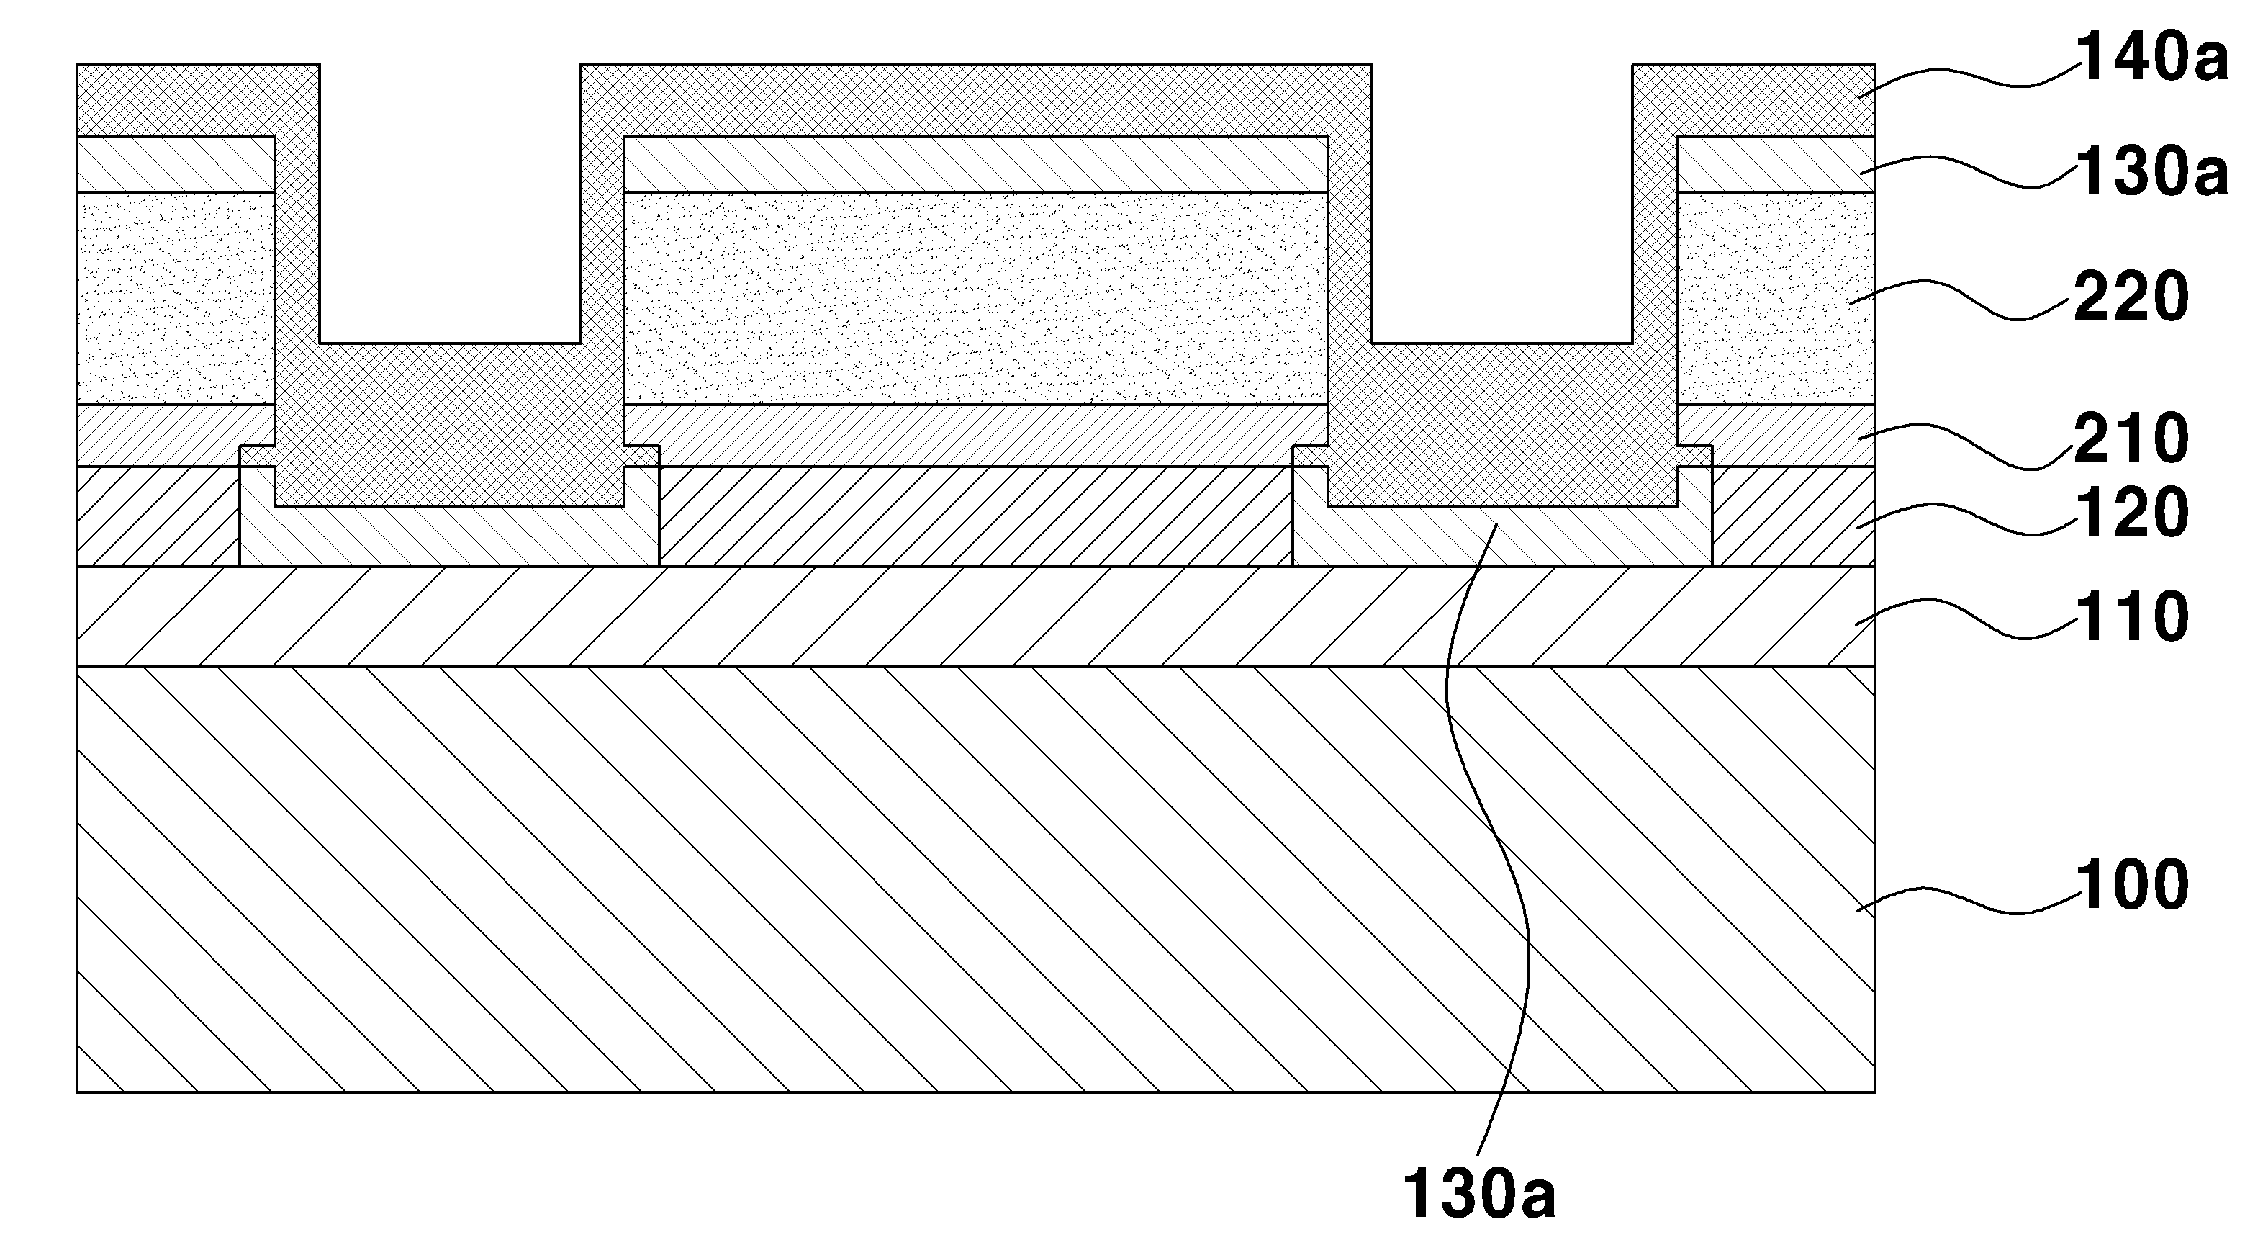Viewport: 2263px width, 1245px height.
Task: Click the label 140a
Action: click(2151, 59)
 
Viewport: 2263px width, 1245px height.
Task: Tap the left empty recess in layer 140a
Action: click(450, 202)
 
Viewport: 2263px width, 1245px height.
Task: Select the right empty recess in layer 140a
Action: click(1502, 202)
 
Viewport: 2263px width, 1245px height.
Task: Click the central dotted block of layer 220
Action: click(975, 299)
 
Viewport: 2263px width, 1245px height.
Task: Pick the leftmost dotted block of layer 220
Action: click(176, 299)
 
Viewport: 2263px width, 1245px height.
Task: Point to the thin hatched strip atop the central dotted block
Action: click(975, 164)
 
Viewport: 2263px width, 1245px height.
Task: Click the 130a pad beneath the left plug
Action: click(450, 536)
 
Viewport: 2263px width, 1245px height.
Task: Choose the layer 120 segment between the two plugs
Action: click(976, 516)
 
